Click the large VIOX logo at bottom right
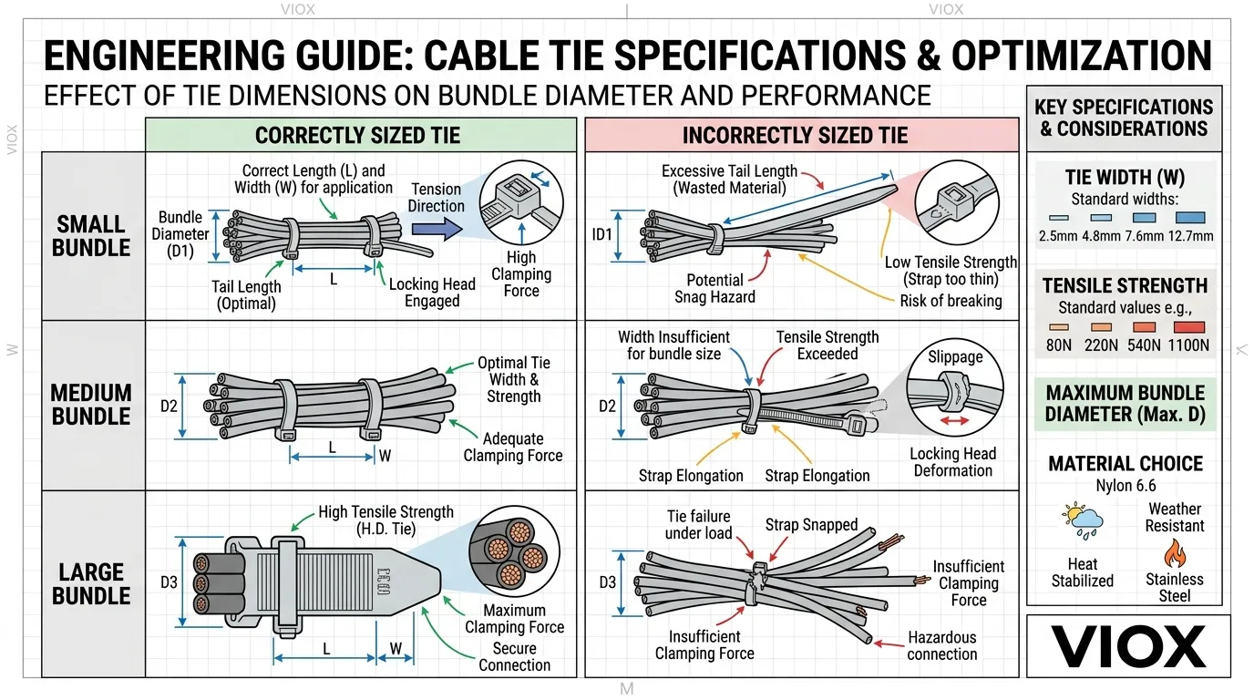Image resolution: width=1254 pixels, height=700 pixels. tap(1128, 646)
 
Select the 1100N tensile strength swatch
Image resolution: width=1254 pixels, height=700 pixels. tap(1190, 327)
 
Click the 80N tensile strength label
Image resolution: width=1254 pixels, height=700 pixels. tap(1058, 345)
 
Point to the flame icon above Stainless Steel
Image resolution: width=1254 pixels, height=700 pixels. tap(1174, 553)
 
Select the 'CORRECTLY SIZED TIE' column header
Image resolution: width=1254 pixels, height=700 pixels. tap(357, 136)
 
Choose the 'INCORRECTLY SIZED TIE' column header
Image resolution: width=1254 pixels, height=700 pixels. tap(795, 136)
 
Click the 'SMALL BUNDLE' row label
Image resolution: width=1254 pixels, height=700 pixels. tap(91, 235)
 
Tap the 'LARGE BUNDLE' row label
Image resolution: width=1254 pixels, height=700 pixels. tap(91, 584)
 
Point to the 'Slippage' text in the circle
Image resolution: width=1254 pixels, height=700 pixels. tap(955, 356)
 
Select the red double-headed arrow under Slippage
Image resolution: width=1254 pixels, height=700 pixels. tap(954, 420)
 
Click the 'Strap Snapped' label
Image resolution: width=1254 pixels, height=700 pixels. tap(811, 525)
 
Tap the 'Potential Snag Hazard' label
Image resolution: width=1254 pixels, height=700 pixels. tap(714, 288)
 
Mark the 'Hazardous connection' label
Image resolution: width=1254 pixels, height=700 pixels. tap(941, 645)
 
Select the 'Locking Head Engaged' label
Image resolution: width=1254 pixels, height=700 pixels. tap(432, 293)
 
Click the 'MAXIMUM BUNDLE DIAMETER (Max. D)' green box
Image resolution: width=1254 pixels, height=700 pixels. tap(1125, 404)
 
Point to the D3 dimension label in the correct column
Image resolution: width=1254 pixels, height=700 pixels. tap(169, 581)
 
